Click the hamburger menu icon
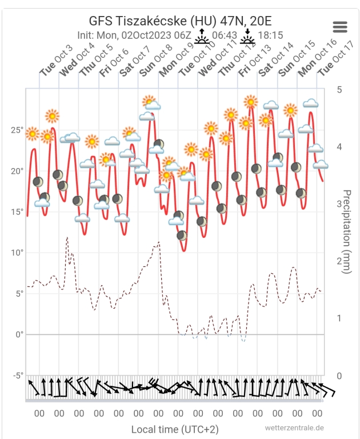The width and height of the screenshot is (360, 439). pyautogui.click(x=340, y=27)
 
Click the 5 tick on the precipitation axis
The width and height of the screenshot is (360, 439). pyautogui.click(x=339, y=90)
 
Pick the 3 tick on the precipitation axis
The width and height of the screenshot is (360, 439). pyautogui.click(x=339, y=204)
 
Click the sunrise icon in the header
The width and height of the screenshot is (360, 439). pyautogui.click(x=202, y=36)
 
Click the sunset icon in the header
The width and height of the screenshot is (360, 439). pyautogui.click(x=247, y=36)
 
